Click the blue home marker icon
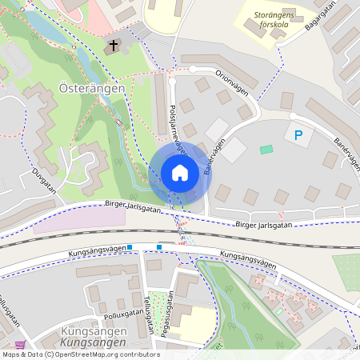click(180, 173)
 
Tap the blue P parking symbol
click(298, 135)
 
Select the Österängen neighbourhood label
click(92, 89)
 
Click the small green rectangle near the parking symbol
click(266, 149)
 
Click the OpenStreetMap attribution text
click(80, 354)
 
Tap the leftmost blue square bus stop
click(130, 247)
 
